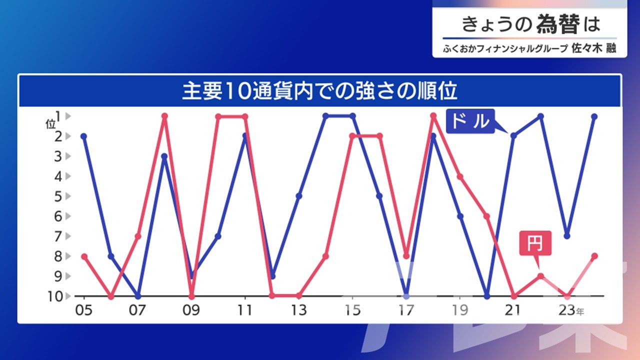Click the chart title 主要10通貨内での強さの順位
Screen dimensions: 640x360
[319, 91]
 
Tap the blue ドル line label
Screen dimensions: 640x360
[470, 121]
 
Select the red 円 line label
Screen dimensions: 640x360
[535, 243]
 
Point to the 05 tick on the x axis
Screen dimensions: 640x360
[83, 310]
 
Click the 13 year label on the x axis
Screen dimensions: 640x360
[298, 310]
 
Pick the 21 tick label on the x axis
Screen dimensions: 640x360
[513, 310]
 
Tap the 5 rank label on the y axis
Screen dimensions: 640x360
[58, 196]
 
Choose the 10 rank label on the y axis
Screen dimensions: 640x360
[55, 296]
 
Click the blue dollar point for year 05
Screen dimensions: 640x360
[83, 136]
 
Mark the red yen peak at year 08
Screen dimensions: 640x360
[164, 116]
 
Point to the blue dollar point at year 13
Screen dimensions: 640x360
[299, 196]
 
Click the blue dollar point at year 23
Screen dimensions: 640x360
[567, 236]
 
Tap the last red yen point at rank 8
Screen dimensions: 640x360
[594, 256]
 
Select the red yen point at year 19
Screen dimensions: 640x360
[460, 177]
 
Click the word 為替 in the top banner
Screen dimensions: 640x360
[558, 24]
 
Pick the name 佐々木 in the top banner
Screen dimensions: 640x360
[587, 48]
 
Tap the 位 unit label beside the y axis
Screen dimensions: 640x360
[50, 124]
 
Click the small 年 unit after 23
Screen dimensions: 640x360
[580, 312]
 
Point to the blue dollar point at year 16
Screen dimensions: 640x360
[379, 196]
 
